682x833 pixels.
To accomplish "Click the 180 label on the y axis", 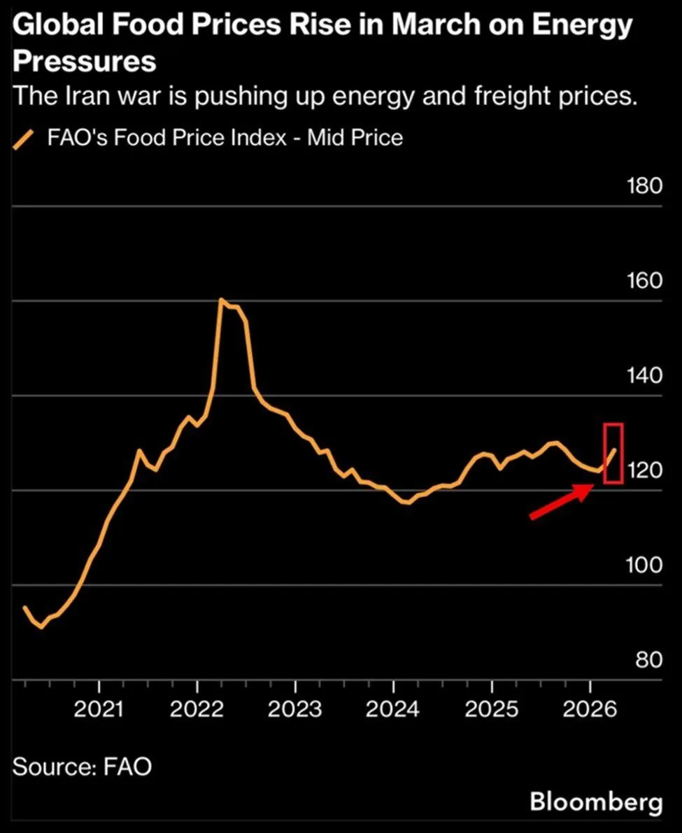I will [644, 187].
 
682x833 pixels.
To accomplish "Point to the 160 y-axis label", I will [644, 281].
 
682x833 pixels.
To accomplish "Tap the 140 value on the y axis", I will [644, 376].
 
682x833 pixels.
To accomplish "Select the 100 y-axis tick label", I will [644, 566].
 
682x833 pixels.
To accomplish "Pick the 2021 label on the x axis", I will [99, 710].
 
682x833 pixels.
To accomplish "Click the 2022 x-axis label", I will [197, 710].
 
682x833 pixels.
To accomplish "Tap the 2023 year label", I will [294, 710].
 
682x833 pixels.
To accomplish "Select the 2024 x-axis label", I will [393, 710].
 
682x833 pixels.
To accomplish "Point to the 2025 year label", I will [491, 710].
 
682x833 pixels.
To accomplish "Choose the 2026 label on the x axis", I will [589, 710].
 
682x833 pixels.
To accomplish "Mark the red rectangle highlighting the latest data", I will [613, 453].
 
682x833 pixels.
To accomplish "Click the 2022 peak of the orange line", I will [221, 300].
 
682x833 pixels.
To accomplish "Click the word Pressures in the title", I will [85, 62].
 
